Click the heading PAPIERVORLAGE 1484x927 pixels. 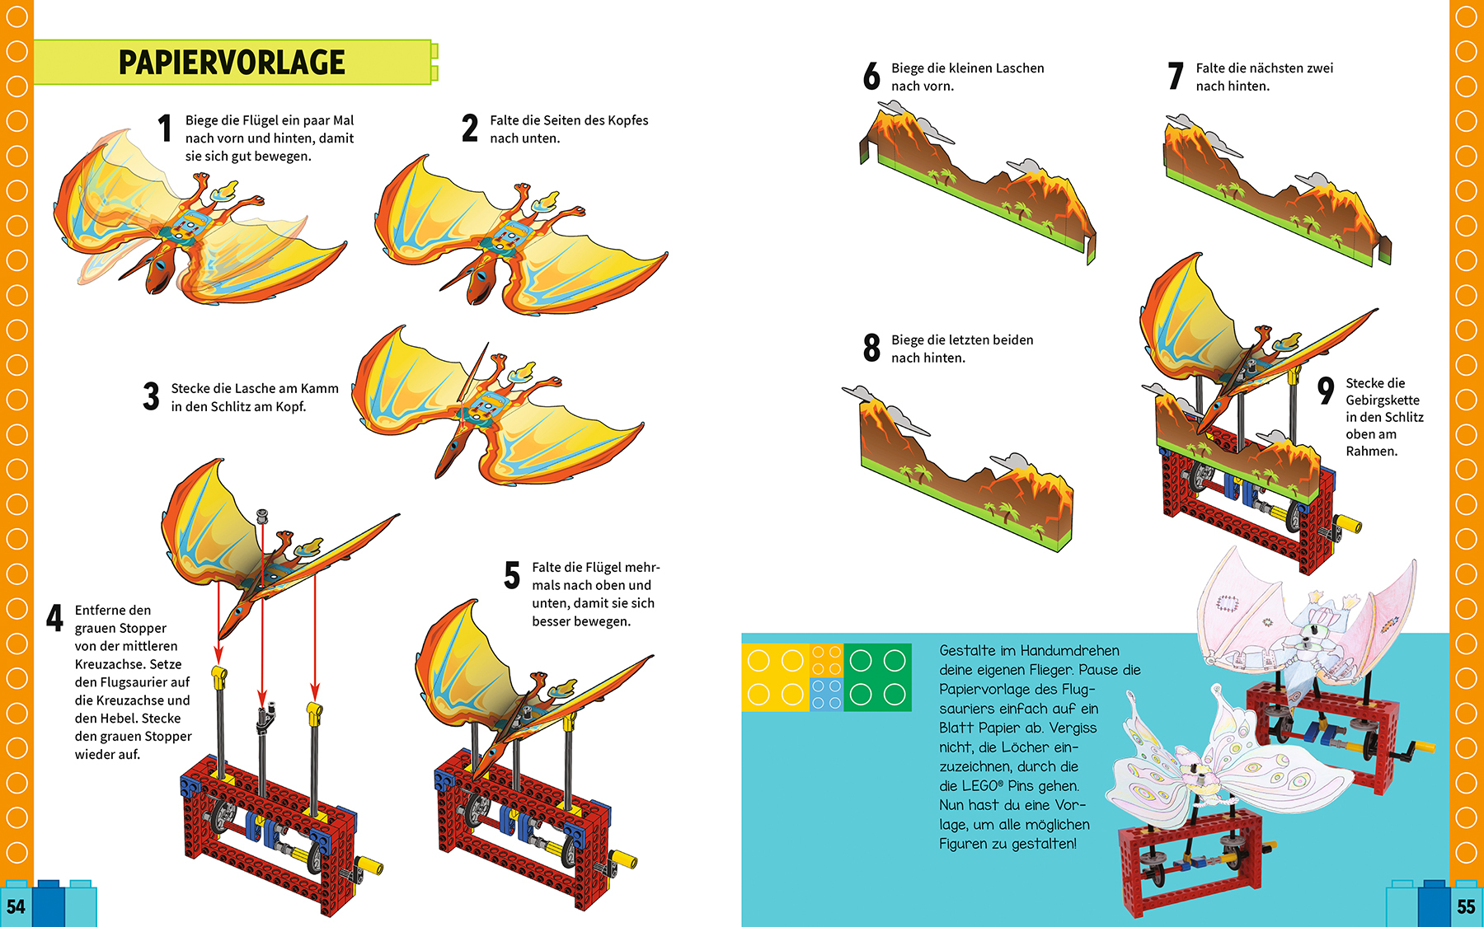[x=232, y=63]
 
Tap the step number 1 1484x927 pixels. [x=165, y=129]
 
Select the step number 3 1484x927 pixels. [x=151, y=396]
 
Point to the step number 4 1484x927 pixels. [x=54, y=618]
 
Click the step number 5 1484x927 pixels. [x=512, y=576]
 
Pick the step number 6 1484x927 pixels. [x=871, y=77]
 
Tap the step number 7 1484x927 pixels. [x=1176, y=77]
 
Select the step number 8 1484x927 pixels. [x=871, y=348]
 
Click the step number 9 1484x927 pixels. [x=1326, y=390]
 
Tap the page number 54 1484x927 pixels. [x=16, y=907]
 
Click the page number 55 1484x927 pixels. [x=1466, y=907]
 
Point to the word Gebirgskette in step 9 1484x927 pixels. [x=1383, y=400]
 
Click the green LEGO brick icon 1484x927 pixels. [x=877, y=677]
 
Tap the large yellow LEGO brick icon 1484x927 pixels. [x=775, y=677]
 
